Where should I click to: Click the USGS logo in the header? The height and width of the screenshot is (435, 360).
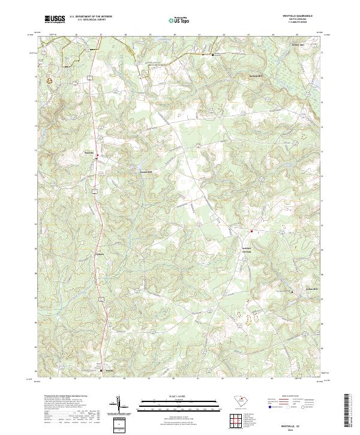tap(55, 19)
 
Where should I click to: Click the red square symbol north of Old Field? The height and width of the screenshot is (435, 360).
tap(252, 232)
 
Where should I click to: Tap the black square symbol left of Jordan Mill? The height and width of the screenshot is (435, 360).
tap(292, 292)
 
